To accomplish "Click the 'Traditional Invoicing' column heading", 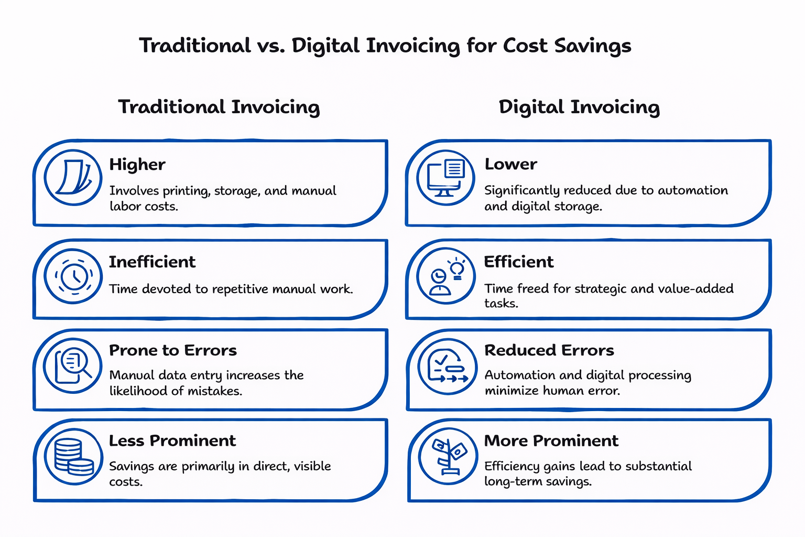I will (x=219, y=107).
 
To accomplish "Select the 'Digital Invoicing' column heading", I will (x=579, y=107).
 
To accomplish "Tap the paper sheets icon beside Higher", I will (x=73, y=177).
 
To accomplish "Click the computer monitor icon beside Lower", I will (x=445, y=177).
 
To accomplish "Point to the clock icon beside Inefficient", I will (x=73, y=276).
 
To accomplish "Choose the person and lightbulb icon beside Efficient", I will (x=445, y=276).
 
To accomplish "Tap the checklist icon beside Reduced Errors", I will (x=447, y=366).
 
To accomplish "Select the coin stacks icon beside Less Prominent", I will (x=73, y=456).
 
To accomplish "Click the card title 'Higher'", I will (x=137, y=165).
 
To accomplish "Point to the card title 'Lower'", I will (x=511, y=164).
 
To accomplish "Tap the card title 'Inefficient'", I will (x=152, y=262).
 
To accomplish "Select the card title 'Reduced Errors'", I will (x=549, y=350).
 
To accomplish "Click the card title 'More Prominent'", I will (x=551, y=441).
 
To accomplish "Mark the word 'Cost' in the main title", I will (x=525, y=46).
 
